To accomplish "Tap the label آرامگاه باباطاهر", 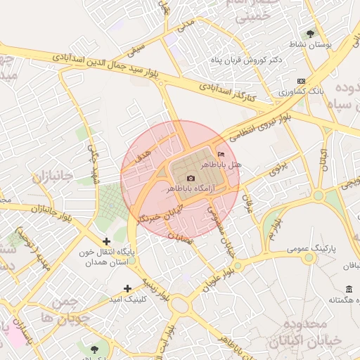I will coord(191,190).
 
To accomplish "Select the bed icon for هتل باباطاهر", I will coord(222,154).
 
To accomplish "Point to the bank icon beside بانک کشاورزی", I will coord(301,81).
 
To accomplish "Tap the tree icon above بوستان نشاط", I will coord(310,32).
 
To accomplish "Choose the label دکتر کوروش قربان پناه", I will coord(246,60).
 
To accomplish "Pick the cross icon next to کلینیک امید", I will coord(127,288).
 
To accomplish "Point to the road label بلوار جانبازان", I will coord(53,210).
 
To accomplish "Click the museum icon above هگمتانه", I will coord(349,289).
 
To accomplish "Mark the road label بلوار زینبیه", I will coord(154,288).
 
